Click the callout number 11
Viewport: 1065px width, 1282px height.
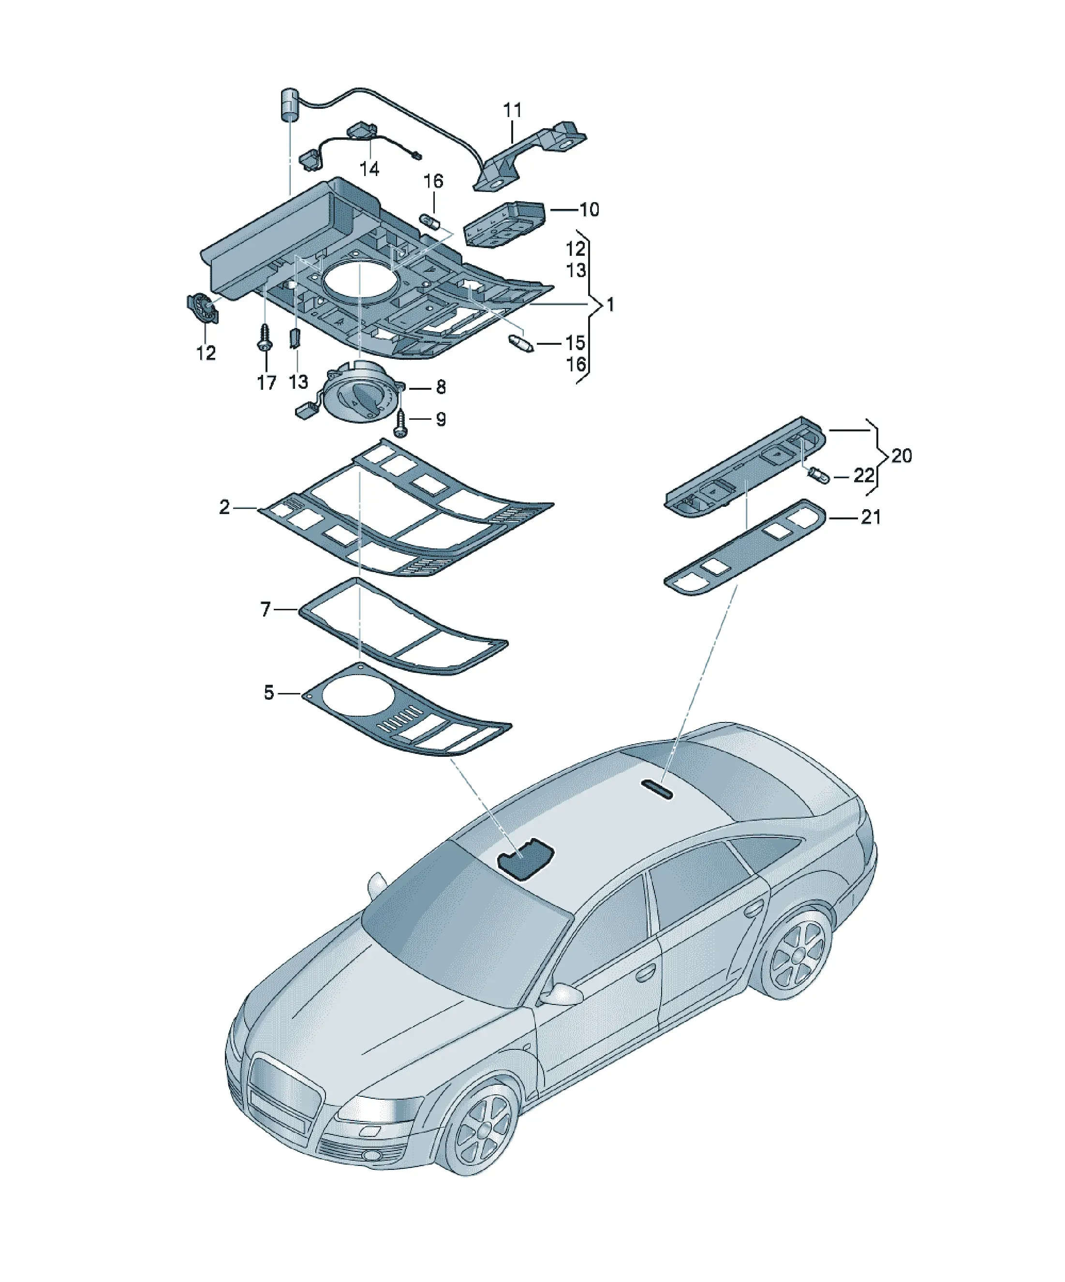point(512,110)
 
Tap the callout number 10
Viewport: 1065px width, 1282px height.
point(589,209)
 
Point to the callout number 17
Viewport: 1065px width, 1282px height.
point(266,383)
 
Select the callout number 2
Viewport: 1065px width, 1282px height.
point(225,507)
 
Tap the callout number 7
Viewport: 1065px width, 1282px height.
point(265,609)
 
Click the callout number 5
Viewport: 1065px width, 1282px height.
point(269,693)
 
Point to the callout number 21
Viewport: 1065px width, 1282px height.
point(870,517)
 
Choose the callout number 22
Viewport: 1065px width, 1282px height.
point(863,475)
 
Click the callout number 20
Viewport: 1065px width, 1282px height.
point(902,456)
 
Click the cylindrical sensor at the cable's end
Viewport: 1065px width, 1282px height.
point(291,105)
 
